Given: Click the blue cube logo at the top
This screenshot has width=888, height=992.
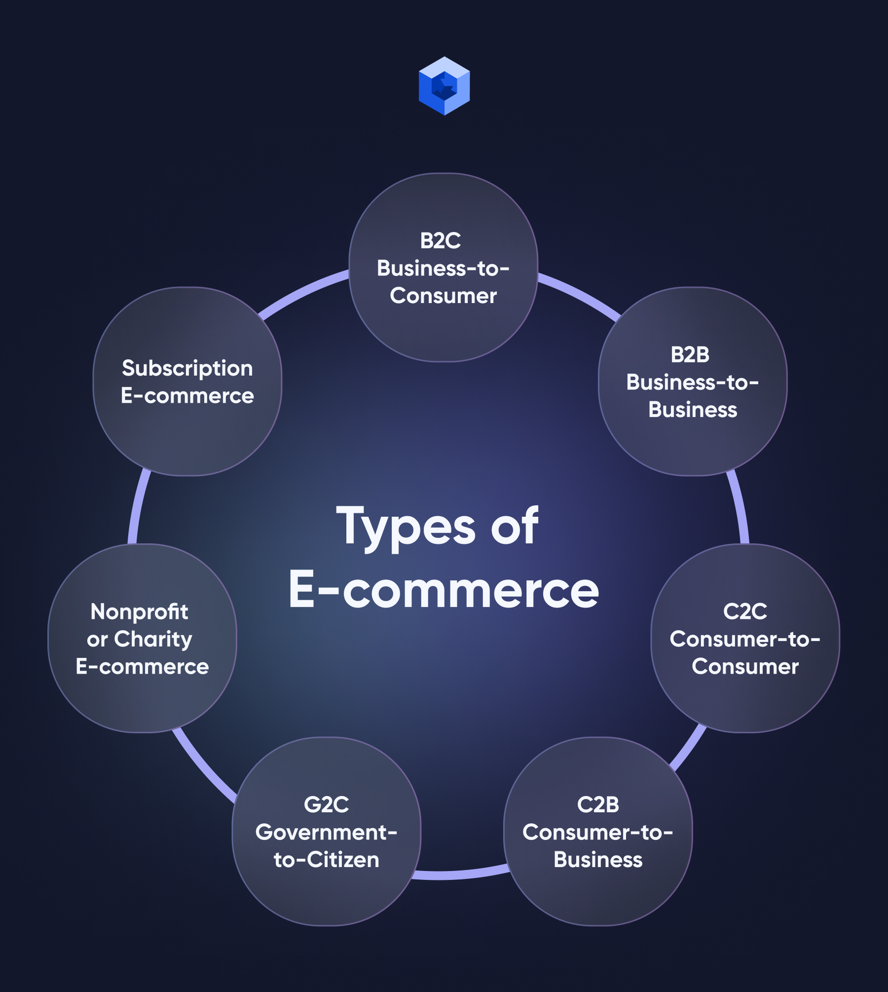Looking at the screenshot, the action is coord(444,85).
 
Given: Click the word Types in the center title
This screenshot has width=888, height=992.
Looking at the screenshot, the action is coord(406,526).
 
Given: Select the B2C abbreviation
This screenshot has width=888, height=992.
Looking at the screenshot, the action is coord(441,241).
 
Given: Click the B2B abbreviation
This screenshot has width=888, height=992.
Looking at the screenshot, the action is coord(690,355).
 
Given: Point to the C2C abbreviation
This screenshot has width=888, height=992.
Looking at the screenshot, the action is coord(745,612).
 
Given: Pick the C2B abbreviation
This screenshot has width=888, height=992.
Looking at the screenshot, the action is coord(598,805).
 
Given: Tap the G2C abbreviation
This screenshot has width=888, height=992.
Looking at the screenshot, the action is coord(326,805).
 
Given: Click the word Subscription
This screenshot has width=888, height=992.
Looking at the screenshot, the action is coord(188,369).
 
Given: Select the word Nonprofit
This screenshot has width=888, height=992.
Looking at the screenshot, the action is coord(139,612).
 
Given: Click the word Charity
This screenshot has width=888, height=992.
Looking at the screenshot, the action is coord(153,640).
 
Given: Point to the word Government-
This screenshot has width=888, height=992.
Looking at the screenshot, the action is coord(326,832).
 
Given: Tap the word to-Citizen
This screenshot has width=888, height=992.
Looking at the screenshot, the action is coord(326,860).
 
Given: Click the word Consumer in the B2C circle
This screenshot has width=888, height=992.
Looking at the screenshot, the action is coord(443,296).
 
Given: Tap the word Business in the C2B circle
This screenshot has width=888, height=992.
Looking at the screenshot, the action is coord(598,860).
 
